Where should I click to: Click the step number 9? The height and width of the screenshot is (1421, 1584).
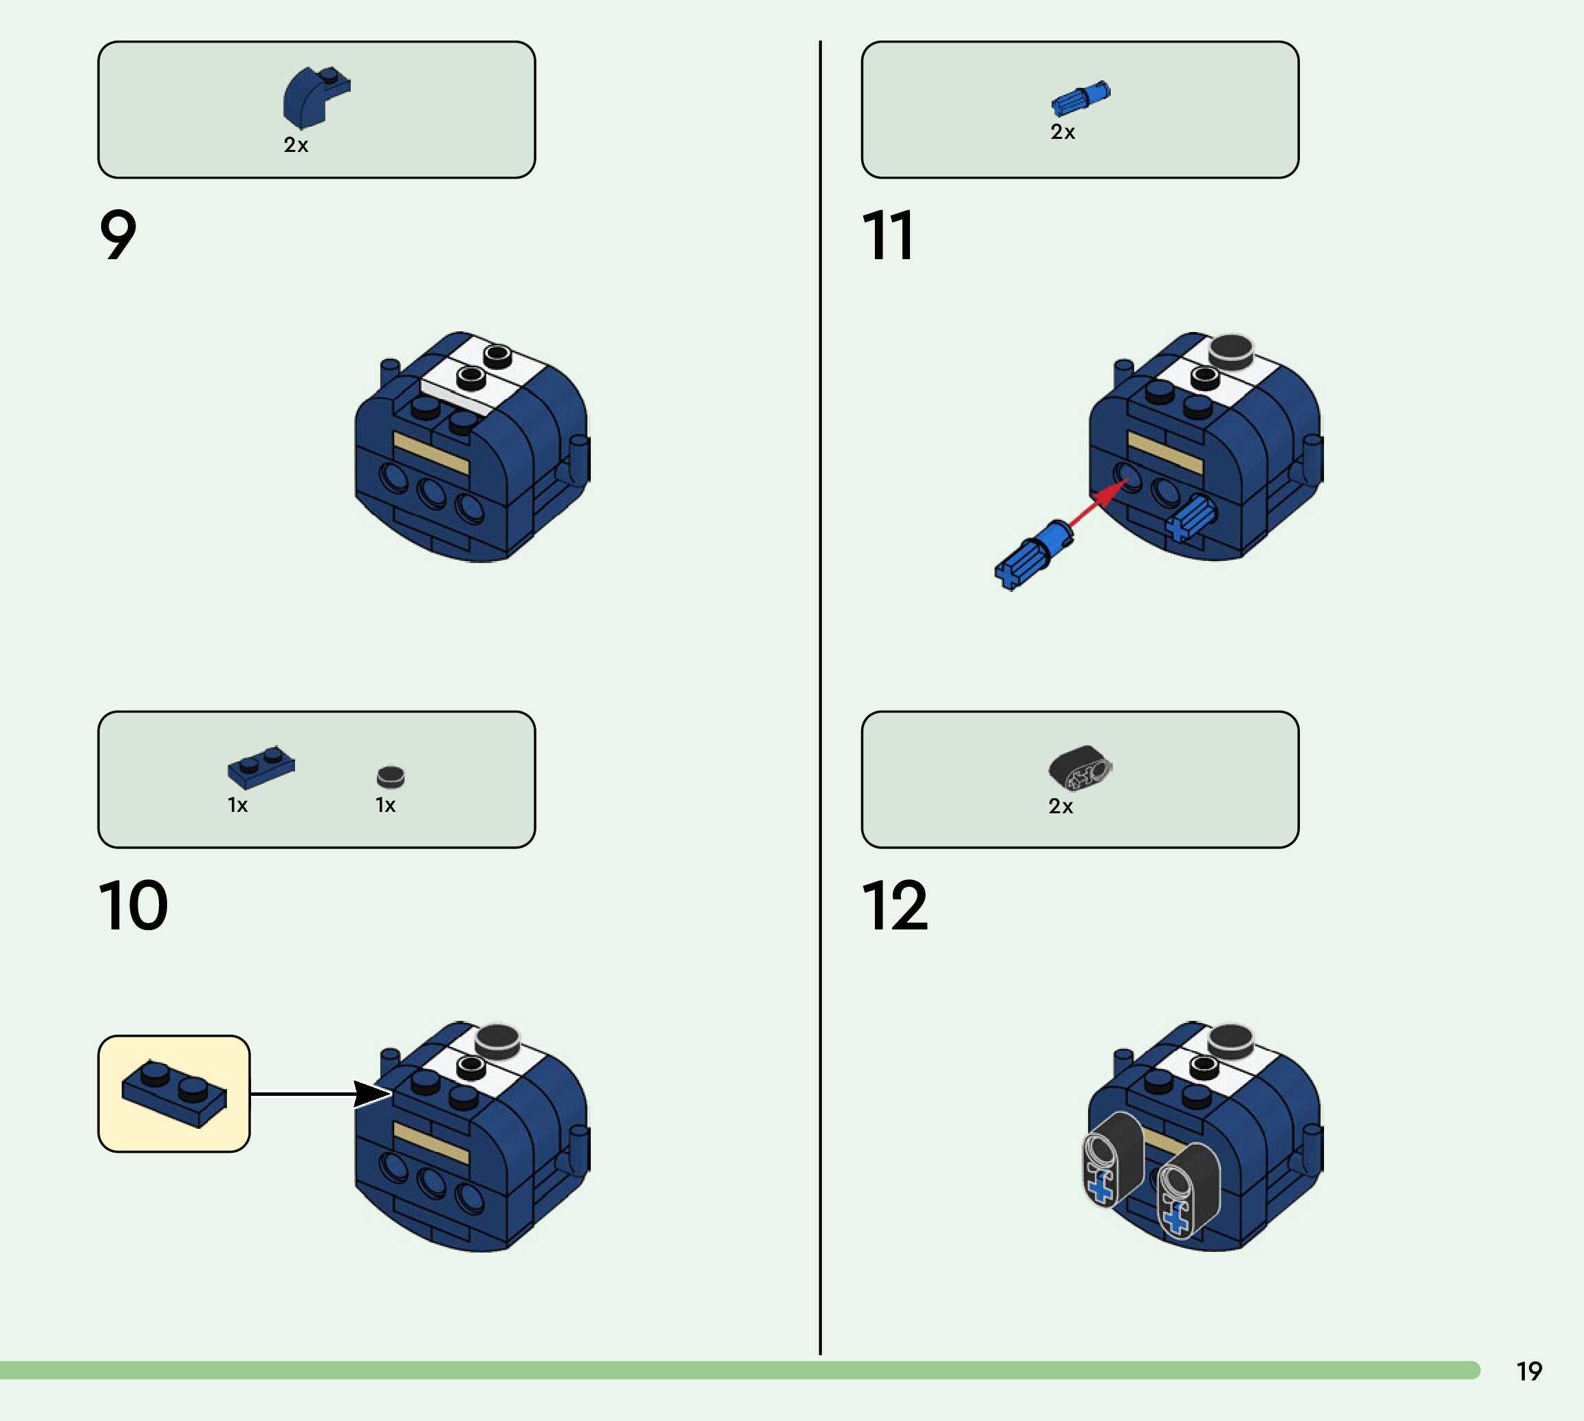(118, 234)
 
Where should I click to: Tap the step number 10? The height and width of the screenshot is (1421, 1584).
(133, 905)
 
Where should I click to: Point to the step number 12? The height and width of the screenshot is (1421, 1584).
(894, 905)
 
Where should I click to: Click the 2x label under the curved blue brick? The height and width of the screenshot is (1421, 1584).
(296, 145)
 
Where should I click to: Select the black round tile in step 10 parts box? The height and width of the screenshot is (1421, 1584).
(391, 776)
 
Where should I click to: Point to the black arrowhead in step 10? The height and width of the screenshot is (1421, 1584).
(370, 1094)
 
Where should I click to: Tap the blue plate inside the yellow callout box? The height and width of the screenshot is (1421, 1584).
(174, 1092)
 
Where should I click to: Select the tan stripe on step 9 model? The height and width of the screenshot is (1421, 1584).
(431, 453)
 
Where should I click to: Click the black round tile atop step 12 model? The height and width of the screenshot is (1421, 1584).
(1230, 1040)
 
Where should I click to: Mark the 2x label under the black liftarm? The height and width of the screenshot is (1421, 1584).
(1061, 806)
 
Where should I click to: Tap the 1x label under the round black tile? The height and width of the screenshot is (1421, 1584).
(386, 805)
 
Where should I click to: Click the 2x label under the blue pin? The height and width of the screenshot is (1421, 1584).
(1062, 132)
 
